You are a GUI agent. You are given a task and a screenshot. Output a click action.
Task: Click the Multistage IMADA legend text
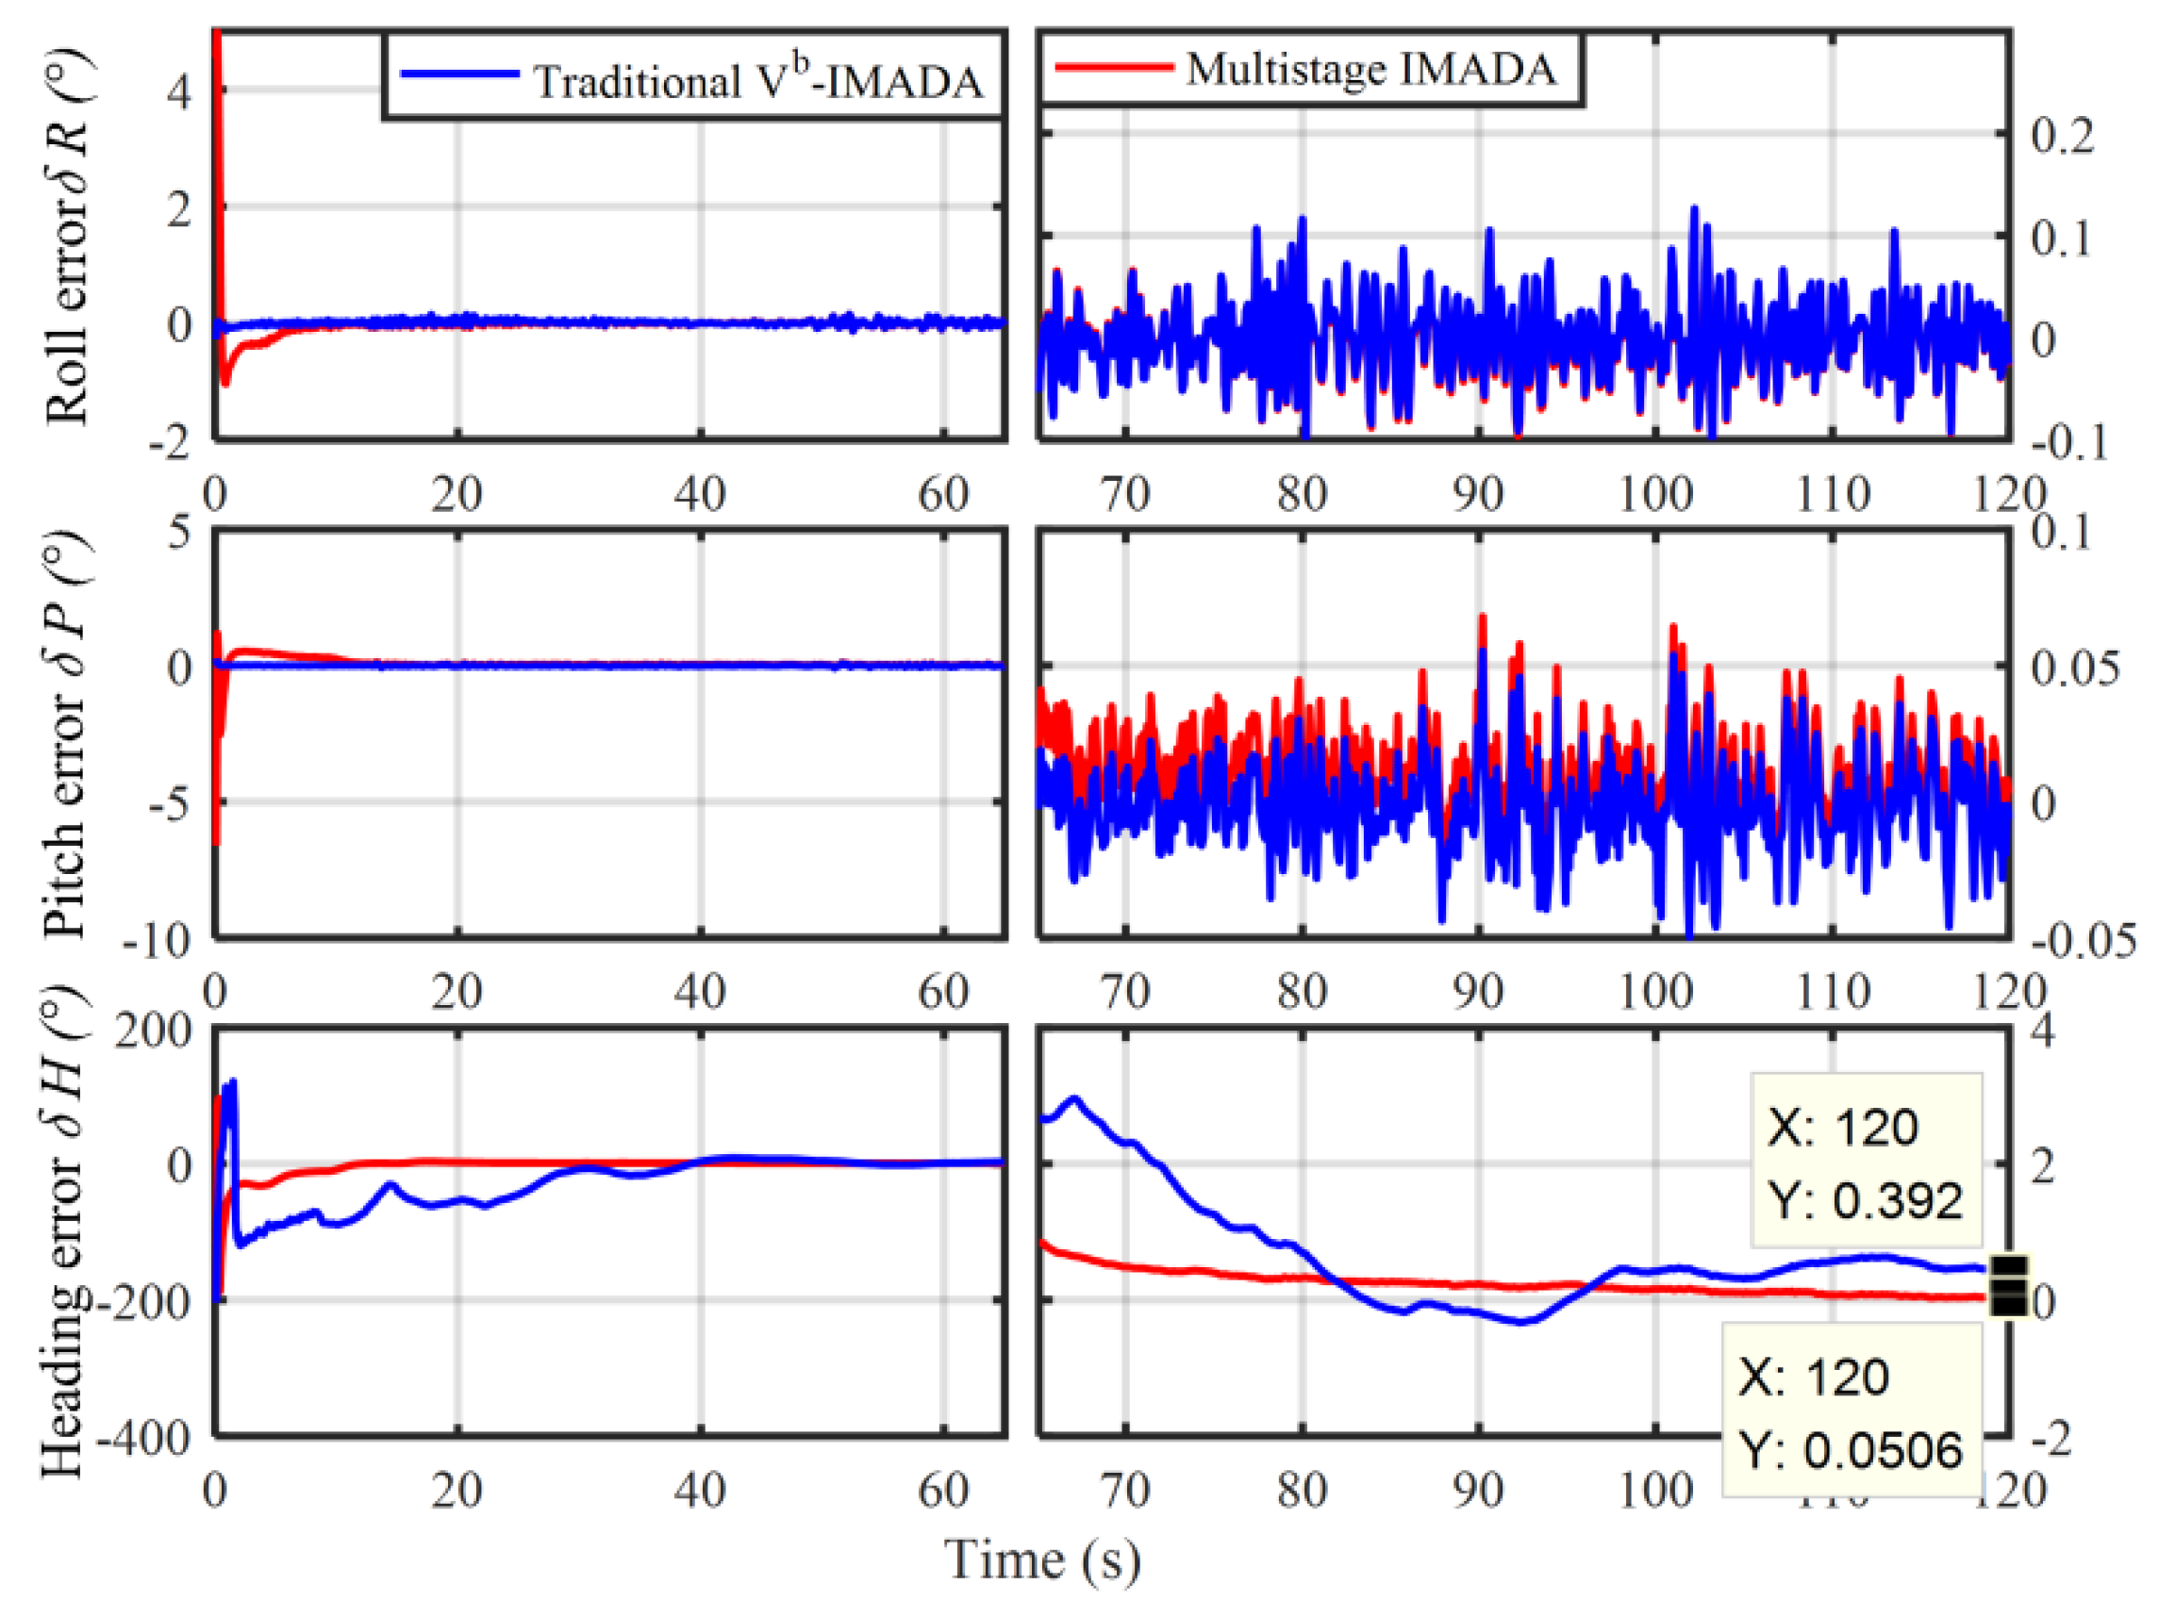click(1371, 69)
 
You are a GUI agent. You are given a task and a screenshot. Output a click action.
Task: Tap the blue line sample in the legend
click(459, 74)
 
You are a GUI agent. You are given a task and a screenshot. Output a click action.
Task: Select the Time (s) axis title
click(1042, 1559)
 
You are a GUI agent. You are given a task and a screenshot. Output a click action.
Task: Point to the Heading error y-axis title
click(64, 1231)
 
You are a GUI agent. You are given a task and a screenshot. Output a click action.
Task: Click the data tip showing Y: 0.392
click(1867, 1162)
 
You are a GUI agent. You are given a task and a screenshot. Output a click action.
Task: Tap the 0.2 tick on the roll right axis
click(2063, 137)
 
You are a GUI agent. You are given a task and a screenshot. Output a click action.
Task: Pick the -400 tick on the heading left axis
click(144, 1439)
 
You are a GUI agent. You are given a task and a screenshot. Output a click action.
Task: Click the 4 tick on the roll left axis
click(179, 91)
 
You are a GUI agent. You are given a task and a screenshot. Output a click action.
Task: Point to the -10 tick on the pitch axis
click(157, 941)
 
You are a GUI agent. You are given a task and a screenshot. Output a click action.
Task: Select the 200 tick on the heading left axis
click(152, 1031)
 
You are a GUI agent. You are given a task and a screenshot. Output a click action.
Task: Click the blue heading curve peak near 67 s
click(1075, 1097)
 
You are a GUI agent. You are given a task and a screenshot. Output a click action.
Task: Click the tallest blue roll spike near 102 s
click(1694, 207)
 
